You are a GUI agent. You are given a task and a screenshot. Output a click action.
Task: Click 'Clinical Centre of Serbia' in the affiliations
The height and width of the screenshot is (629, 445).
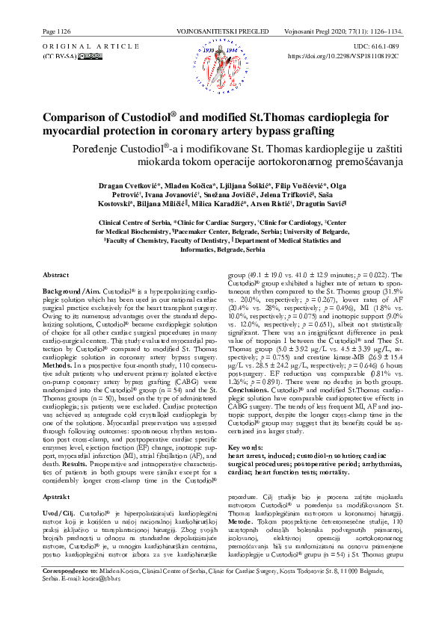133,244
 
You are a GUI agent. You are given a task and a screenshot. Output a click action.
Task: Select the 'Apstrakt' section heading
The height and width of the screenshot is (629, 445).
57,496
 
